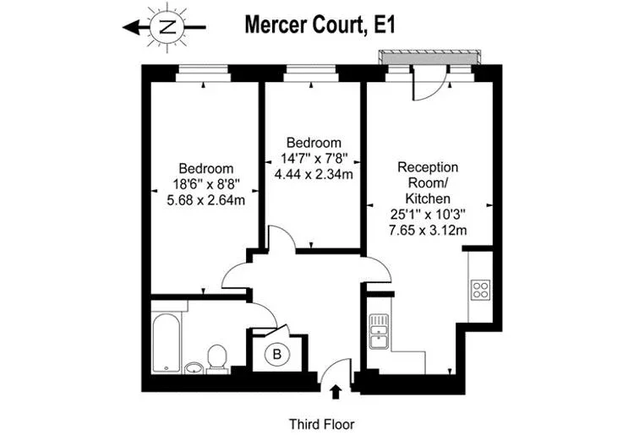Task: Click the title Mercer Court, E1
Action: (319, 24)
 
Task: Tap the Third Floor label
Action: (321, 424)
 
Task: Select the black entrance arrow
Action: (336, 392)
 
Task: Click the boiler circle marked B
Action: (276, 354)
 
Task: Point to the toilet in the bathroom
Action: (216, 359)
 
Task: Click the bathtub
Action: (167, 342)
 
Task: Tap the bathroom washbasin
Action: (194, 367)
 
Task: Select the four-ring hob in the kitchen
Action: (480, 290)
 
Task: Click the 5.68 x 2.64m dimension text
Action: (205, 200)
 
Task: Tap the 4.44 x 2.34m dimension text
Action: (314, 174)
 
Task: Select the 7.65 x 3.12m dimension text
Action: (428, 230)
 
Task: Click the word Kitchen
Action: (428, 199)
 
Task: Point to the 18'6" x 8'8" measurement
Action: (205, 184)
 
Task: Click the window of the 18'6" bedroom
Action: (203, 74)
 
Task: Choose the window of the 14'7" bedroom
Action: (311, 74)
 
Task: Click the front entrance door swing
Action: (335, 373)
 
